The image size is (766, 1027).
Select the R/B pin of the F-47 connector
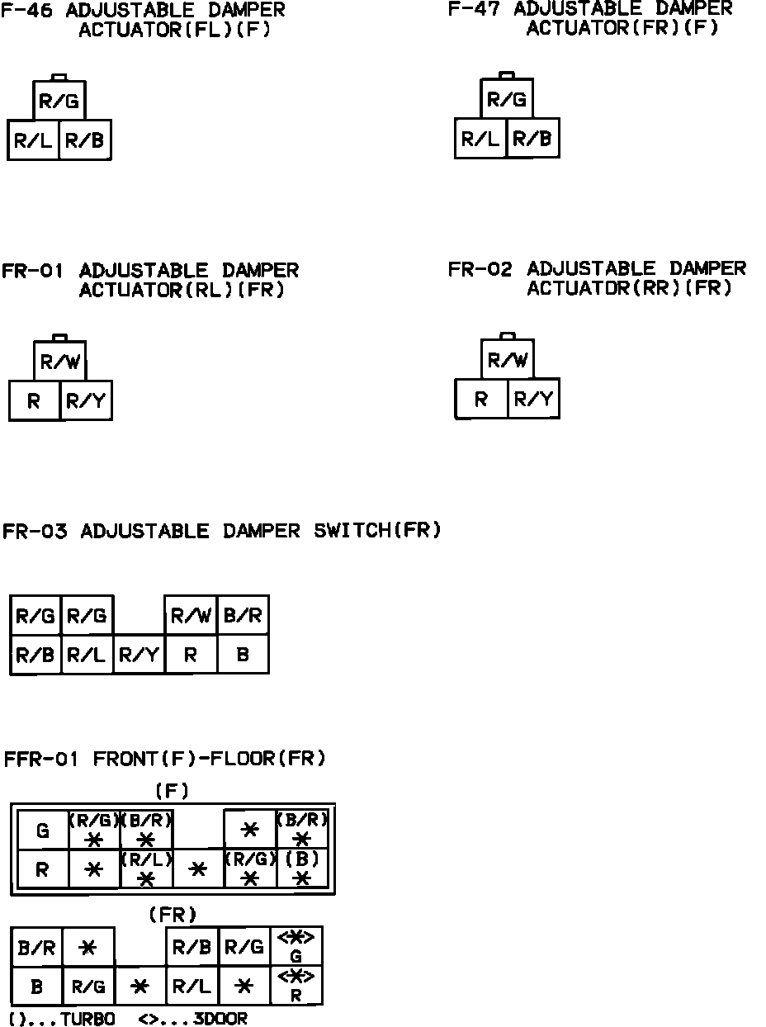coord(532,139)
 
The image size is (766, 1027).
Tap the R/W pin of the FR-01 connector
coord(59,362)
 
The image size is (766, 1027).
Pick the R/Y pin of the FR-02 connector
coord(533,400)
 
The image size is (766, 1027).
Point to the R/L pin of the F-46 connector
coord(33,140)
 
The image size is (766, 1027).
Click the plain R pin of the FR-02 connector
coord(481,400)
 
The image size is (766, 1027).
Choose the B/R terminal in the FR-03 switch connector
coord(243,616)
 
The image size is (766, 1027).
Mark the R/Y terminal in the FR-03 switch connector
coord(139,655)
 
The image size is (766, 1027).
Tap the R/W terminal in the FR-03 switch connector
coord(191,616)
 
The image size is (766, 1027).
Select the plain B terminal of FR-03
coord(243,655)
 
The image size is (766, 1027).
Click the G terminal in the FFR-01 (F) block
coord(43,830)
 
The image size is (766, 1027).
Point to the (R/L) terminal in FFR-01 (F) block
coord(146,868)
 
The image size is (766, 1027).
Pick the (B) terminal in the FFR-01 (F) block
coord(302,868)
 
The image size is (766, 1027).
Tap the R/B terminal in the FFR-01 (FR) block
coord(191,948)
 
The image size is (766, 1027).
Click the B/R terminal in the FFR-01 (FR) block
coord(36,948)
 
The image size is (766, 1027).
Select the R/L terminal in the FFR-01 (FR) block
coord(191,986)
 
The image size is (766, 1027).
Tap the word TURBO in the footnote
coord(87,1019)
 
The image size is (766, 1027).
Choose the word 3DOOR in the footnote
coord(220,1019)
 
